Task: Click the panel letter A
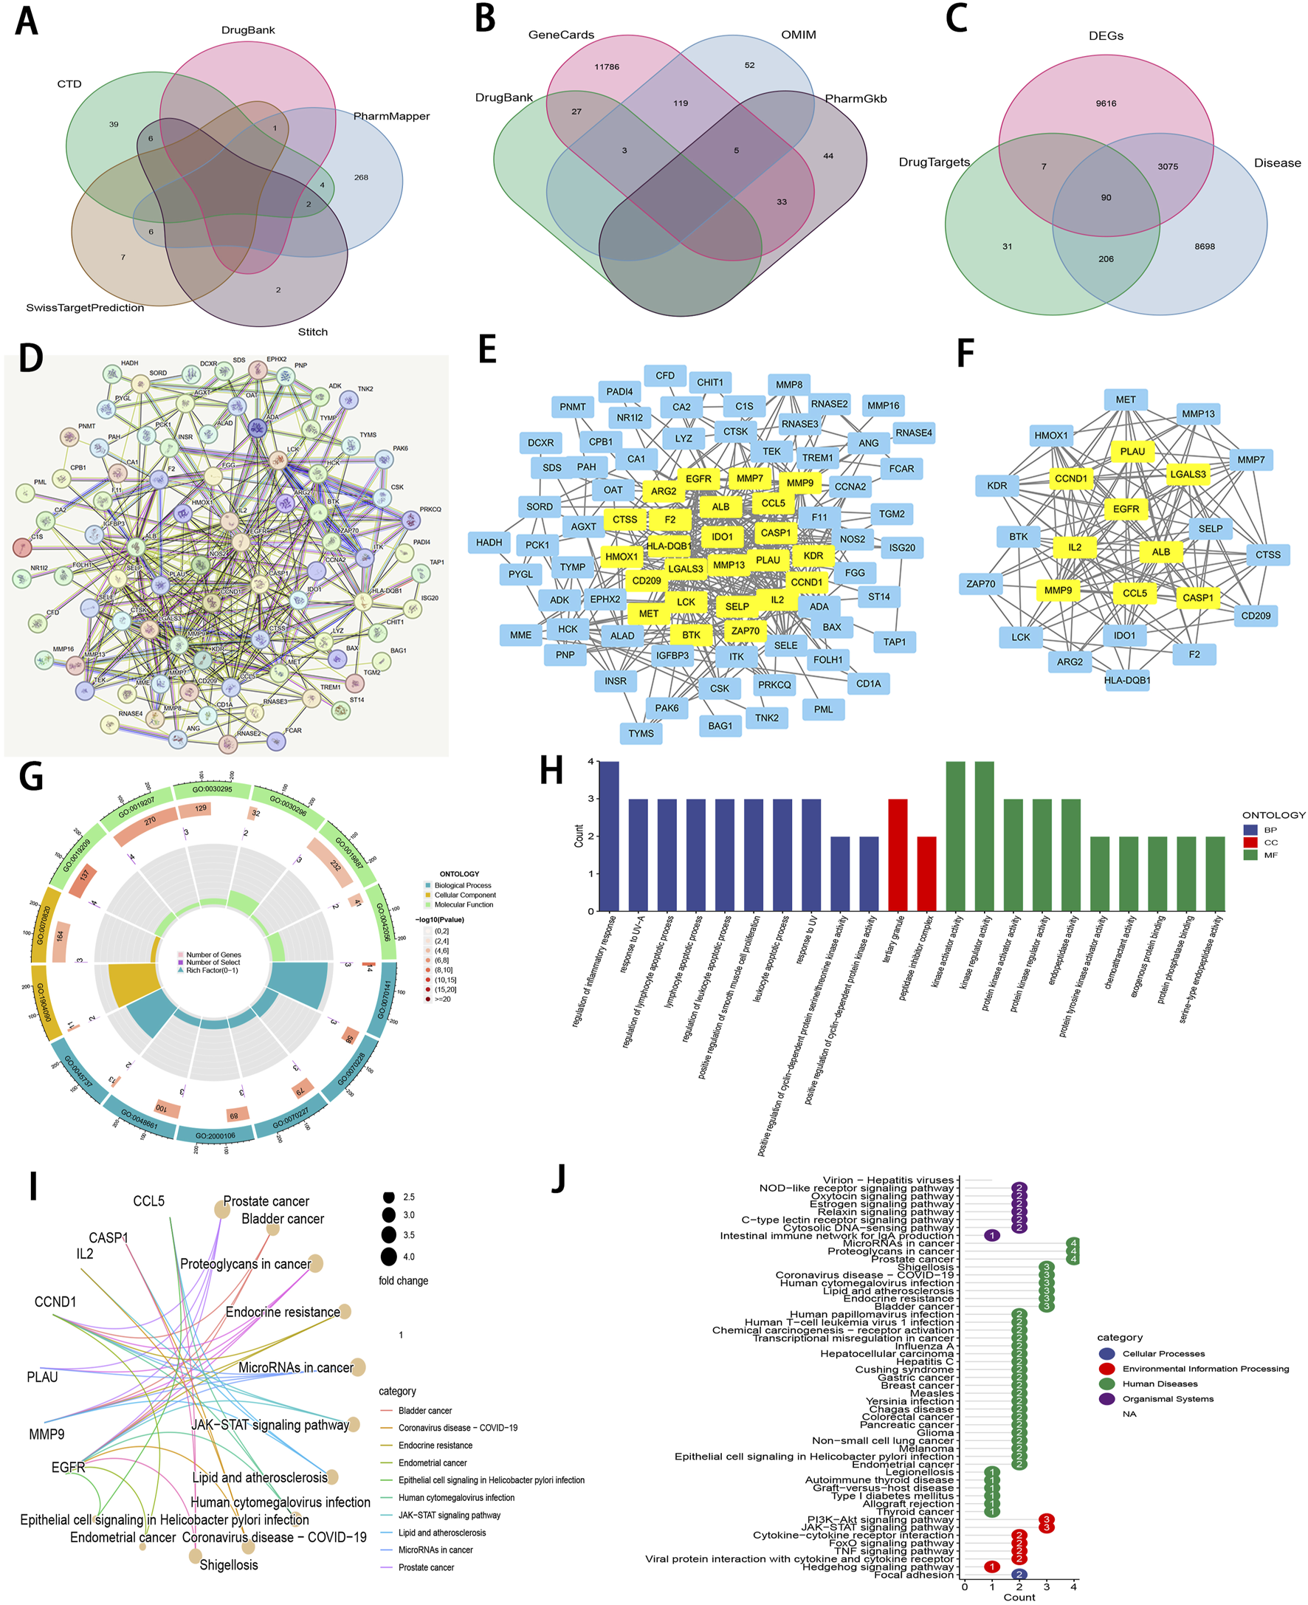(x=27, y=22)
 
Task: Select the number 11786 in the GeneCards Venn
(x=607, y=67)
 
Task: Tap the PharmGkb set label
(x=856, y=99)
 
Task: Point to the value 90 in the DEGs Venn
(x=1105, y=197)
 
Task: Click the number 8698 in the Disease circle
(x=1204, y=247)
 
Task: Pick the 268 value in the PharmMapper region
(x=361, y=178)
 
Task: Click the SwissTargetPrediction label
(x=85, y=307)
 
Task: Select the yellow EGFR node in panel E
(x=698, y=478)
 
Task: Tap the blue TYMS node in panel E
(x=641, y=733)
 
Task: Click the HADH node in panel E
(x=489, y=542)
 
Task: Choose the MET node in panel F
(x=1125, y=399)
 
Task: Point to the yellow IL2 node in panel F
(x=1075, y=547)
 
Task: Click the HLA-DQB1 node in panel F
(x=1126, y=680)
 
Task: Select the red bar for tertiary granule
(x=898, y=854)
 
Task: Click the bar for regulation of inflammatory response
(x=609, y=836)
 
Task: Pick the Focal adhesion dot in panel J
(x=1019, y=1574)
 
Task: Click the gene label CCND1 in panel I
(x=55, y=1302)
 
